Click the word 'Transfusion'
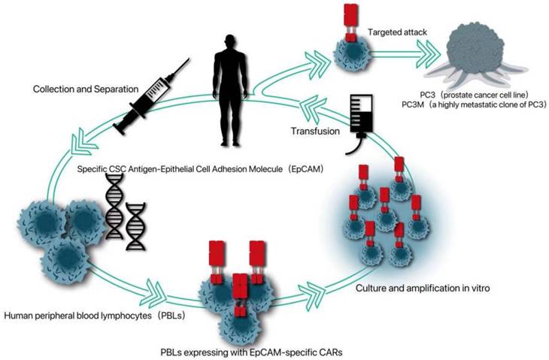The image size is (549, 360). coord(314,132)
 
